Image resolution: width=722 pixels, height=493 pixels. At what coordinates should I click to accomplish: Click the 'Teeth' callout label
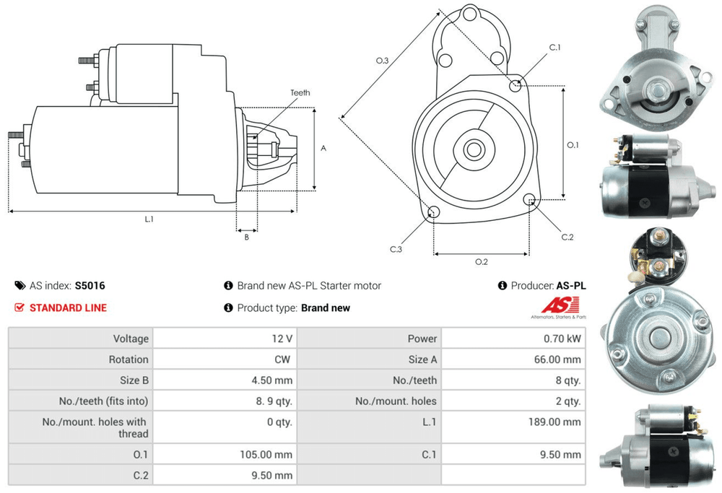(300, 92)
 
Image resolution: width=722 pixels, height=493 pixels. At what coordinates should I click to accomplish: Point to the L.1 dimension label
(149, 219)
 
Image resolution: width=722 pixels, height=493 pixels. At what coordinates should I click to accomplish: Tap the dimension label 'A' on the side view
(323, 148)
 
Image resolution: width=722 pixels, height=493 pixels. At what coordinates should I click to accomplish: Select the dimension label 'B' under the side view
(246, 236)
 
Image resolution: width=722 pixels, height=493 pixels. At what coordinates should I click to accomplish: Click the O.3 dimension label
(383, 61)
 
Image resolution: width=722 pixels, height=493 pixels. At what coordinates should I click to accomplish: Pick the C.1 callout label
(554, 48)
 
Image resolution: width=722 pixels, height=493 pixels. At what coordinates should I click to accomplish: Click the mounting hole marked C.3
(434, 212)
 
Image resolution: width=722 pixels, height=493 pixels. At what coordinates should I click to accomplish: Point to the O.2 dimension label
(481, 261)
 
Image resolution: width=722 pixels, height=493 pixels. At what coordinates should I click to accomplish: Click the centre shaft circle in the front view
(474, 150)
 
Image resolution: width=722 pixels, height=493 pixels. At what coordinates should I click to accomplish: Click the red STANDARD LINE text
(68, 307)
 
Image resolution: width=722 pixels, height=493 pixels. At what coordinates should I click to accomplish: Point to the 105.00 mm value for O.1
(267, 455)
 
